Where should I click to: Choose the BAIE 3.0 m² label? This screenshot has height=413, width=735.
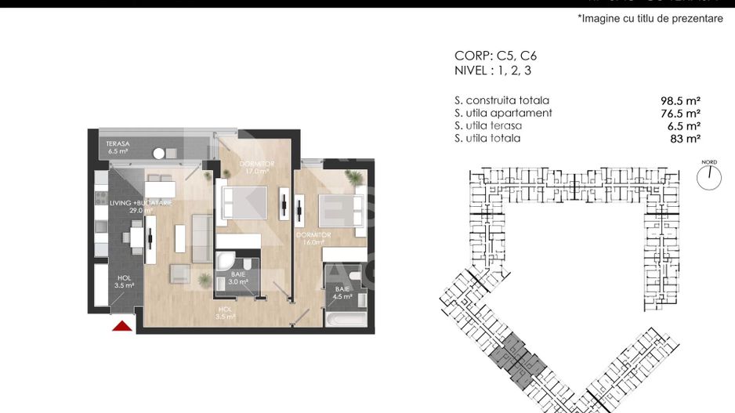[x=237, y=277]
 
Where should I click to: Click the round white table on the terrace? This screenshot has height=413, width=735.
[x=160, y=154]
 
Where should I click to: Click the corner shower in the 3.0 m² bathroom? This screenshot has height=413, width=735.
[x=225, y=261]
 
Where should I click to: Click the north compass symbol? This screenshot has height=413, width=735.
[x=708, y=177]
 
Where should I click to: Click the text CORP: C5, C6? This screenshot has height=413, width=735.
[x=495, y=56]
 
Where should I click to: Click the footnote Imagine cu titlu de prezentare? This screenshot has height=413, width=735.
[x=650, y=18]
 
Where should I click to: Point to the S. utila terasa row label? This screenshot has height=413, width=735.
[x=487, y=125]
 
